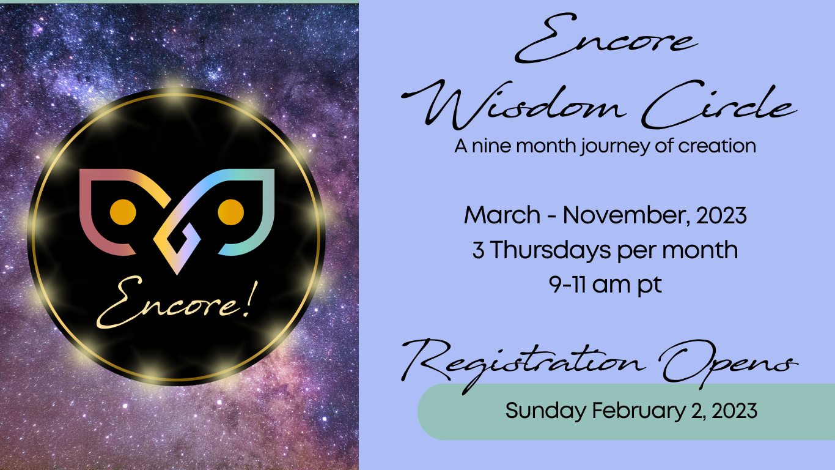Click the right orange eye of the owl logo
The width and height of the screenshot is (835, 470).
click(x=231, y=212)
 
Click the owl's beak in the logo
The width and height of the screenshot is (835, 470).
click(x=177, y=242)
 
